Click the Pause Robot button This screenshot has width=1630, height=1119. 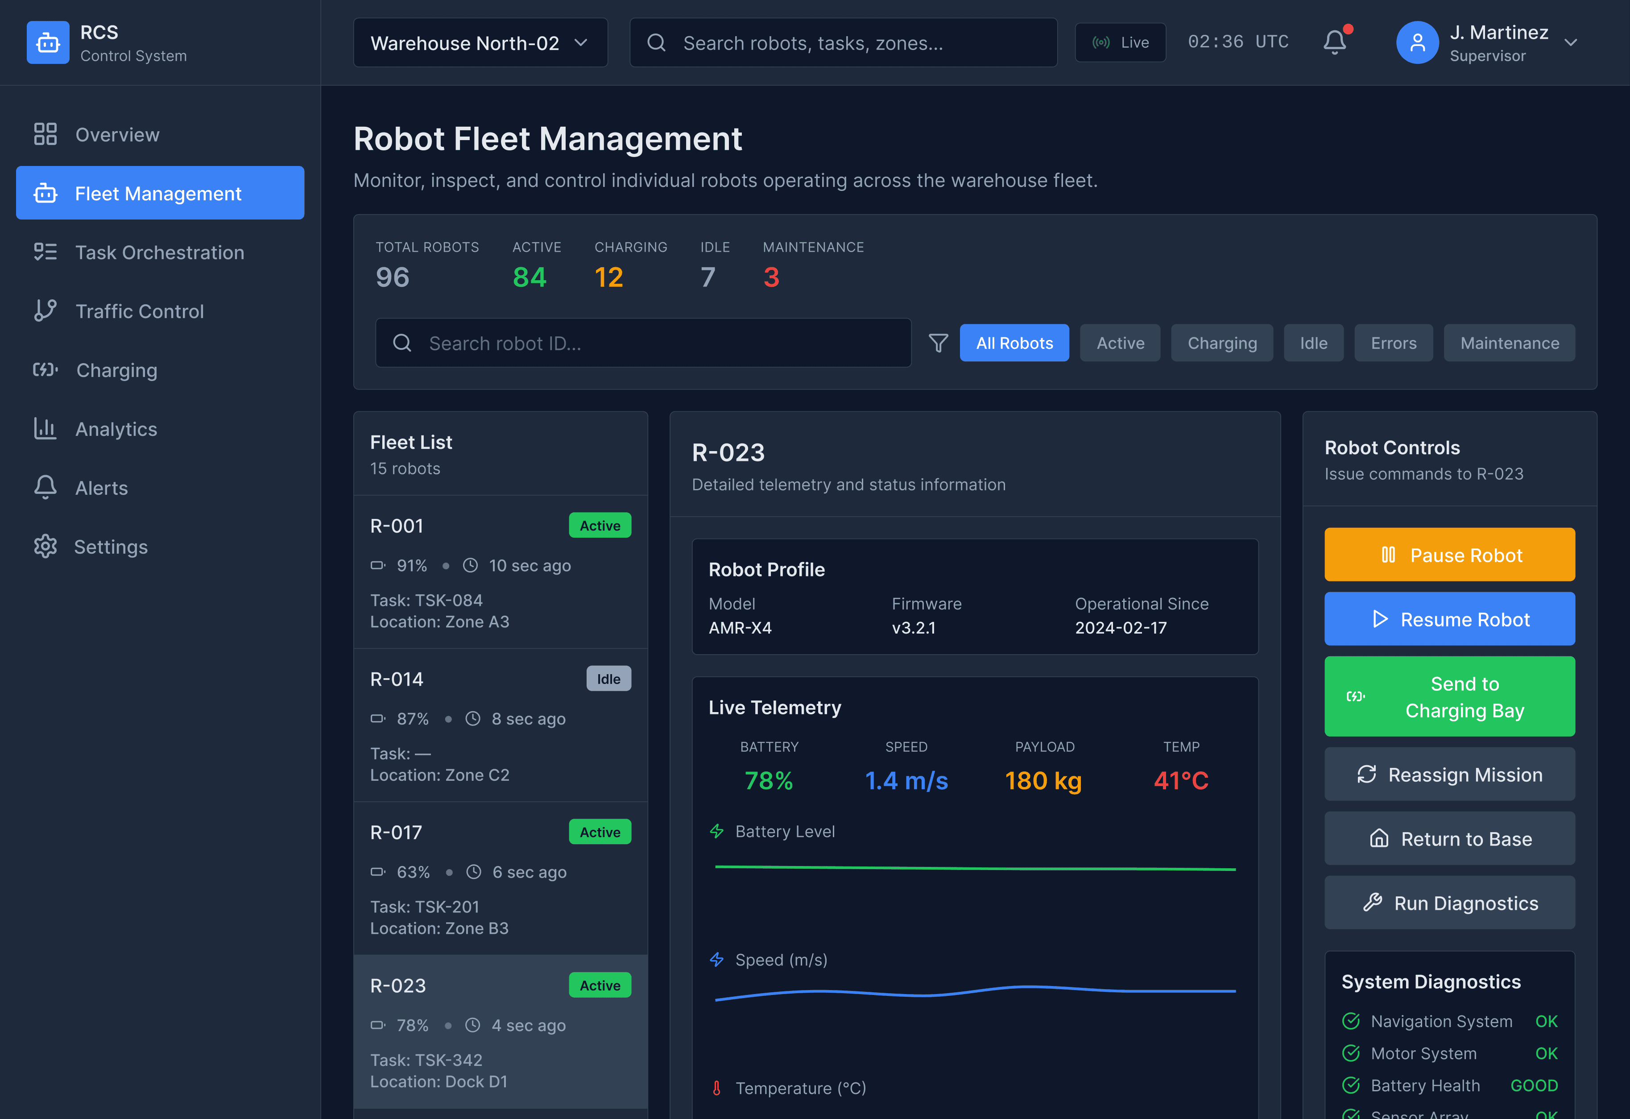1449,555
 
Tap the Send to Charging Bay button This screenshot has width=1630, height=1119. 1449,696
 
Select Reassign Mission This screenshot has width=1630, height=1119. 1449,775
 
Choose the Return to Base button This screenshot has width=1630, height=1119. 1449,839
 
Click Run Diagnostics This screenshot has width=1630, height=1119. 1449,903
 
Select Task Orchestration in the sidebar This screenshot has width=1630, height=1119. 159,253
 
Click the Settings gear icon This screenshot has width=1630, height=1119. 46,547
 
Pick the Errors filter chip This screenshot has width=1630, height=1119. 1393,343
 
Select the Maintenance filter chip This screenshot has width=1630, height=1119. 1510,343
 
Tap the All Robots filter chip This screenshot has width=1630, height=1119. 1014,343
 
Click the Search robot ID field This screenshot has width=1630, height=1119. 643,343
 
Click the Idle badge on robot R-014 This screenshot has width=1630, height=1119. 608,679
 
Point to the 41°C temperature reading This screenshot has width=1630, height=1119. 1181,781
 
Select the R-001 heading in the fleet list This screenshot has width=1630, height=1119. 397,526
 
